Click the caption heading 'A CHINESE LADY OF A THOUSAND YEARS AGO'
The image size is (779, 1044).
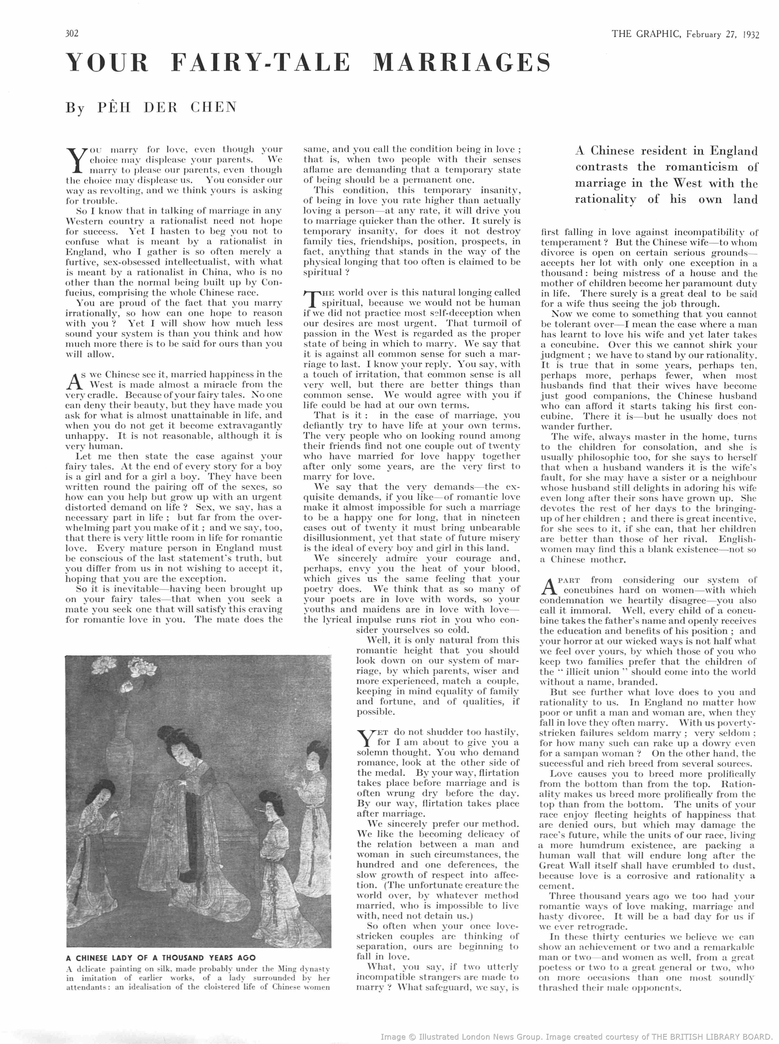(x=161, y=958)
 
